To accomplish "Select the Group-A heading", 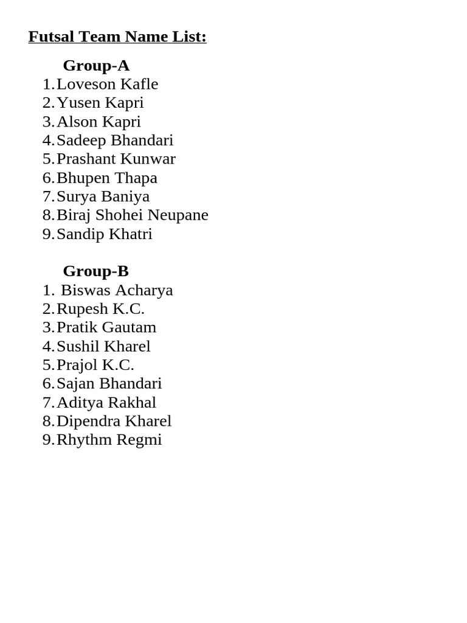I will pyautogui.click(x=96, y=66).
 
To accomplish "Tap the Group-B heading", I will pyautogui.click(x=96, y=271).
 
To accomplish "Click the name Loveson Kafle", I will pyautogui.click(x=107, y=84).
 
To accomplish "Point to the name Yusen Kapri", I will pyautogui.click(x=100, y=103).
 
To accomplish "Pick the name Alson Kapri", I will pyautogui.click(x=99, y=122).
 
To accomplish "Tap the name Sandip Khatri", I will pyautogui.click(x=104, y=234).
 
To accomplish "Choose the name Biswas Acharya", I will pyautogui.click(x=117, y=290).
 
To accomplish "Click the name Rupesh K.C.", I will pyautogui.click(x=100, y=309).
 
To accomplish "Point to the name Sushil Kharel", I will pyautogui.click(x=103, y=347).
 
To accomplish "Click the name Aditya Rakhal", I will pyautogui.click(x=106, y=403).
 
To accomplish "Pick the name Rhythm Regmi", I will pyautogui.click(x=109, y=440).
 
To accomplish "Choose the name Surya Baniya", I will pyautogui.click(x=103, y=197).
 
